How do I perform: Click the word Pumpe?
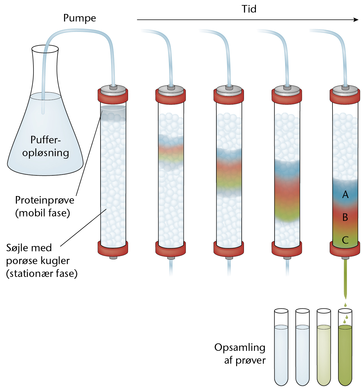tap(79, 18)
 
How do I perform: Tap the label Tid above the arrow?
tap(249, 9)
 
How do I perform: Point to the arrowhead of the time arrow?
tap(356, 20)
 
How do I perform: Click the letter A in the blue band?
tap(345, 194)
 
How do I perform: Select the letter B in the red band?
tap(345, 217)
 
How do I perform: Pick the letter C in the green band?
tap(345, 240)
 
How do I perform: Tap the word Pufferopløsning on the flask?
tap(46, 146)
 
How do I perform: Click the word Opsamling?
tap(240, 348)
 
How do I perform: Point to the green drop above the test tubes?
tap(345, 305)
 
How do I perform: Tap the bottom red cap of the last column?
tap(345, 249)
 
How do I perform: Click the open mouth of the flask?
tap(45, 49)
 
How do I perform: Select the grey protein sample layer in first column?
tap(113, 113)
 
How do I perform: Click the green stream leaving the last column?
tap(345, 279)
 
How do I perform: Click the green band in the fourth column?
tap(287, 216)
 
